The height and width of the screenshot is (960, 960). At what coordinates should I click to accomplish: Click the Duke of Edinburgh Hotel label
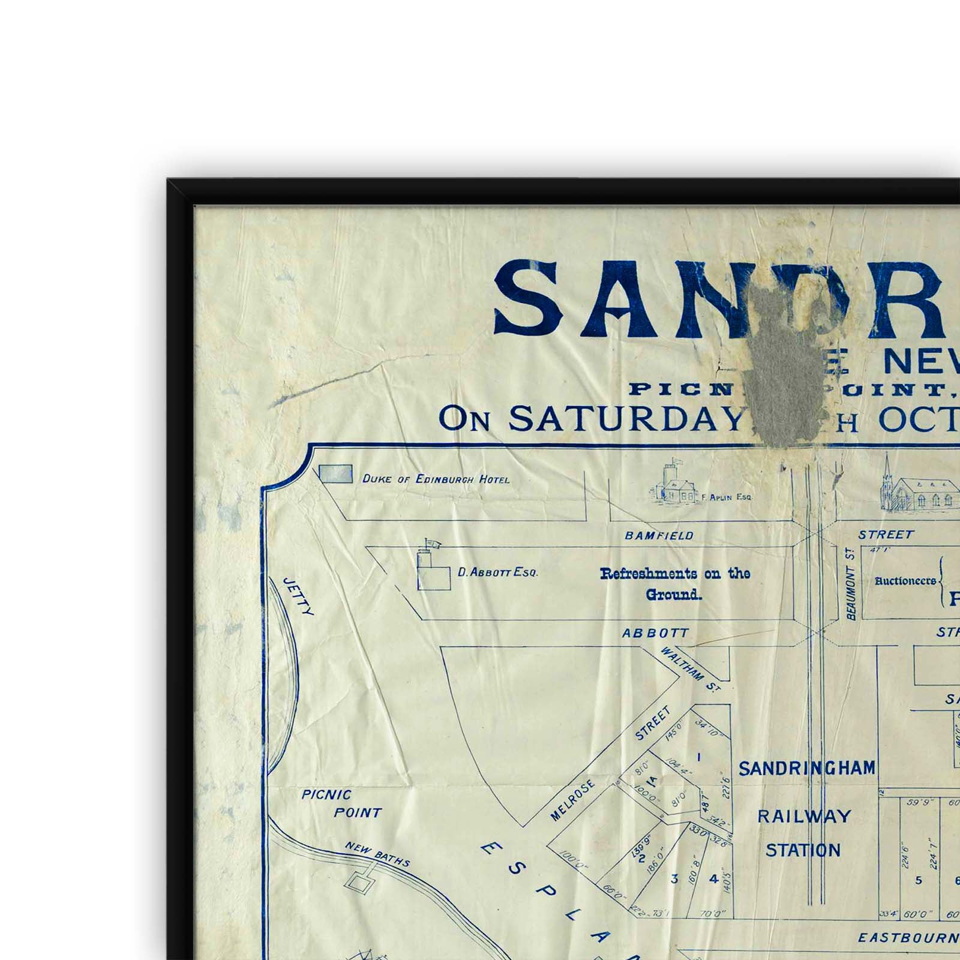click(436, 479)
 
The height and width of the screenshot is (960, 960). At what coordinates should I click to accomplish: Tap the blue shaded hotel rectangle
click(335, 475)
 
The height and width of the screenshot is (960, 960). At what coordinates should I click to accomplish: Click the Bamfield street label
click(659, 535)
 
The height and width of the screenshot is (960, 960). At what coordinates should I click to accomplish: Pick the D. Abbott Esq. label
click(497, 572)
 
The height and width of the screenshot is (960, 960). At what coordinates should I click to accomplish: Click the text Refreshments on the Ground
click(674, 584)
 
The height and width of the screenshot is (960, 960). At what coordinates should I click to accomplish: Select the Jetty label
click(298, 596)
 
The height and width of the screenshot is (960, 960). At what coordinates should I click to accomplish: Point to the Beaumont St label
click(850, 584)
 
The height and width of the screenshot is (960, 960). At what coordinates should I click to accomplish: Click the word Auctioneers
click(905, 581)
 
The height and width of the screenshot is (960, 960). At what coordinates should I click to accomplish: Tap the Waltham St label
click(690, 670)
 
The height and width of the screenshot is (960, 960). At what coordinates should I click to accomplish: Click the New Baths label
click(377, 854)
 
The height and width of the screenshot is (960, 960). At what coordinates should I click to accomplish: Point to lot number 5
click(918, 881)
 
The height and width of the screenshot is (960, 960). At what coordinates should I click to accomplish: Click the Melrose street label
click(572, 800)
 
